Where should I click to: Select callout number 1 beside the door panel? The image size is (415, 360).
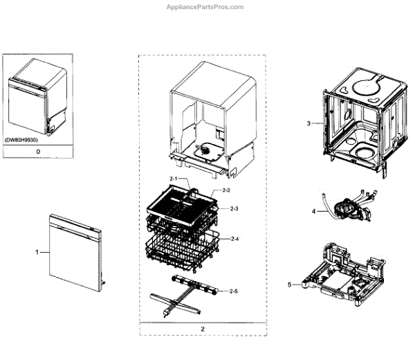click(37, 253)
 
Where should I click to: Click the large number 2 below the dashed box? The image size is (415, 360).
click(203, 328)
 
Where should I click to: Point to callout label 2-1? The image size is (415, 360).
click(174, 179)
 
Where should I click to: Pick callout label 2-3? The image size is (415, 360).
click(234, 208)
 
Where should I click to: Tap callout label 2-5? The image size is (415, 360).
click(234, 291)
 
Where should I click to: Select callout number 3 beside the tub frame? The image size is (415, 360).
click(309, 123)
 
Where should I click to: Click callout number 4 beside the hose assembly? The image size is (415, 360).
click(313, 210)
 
